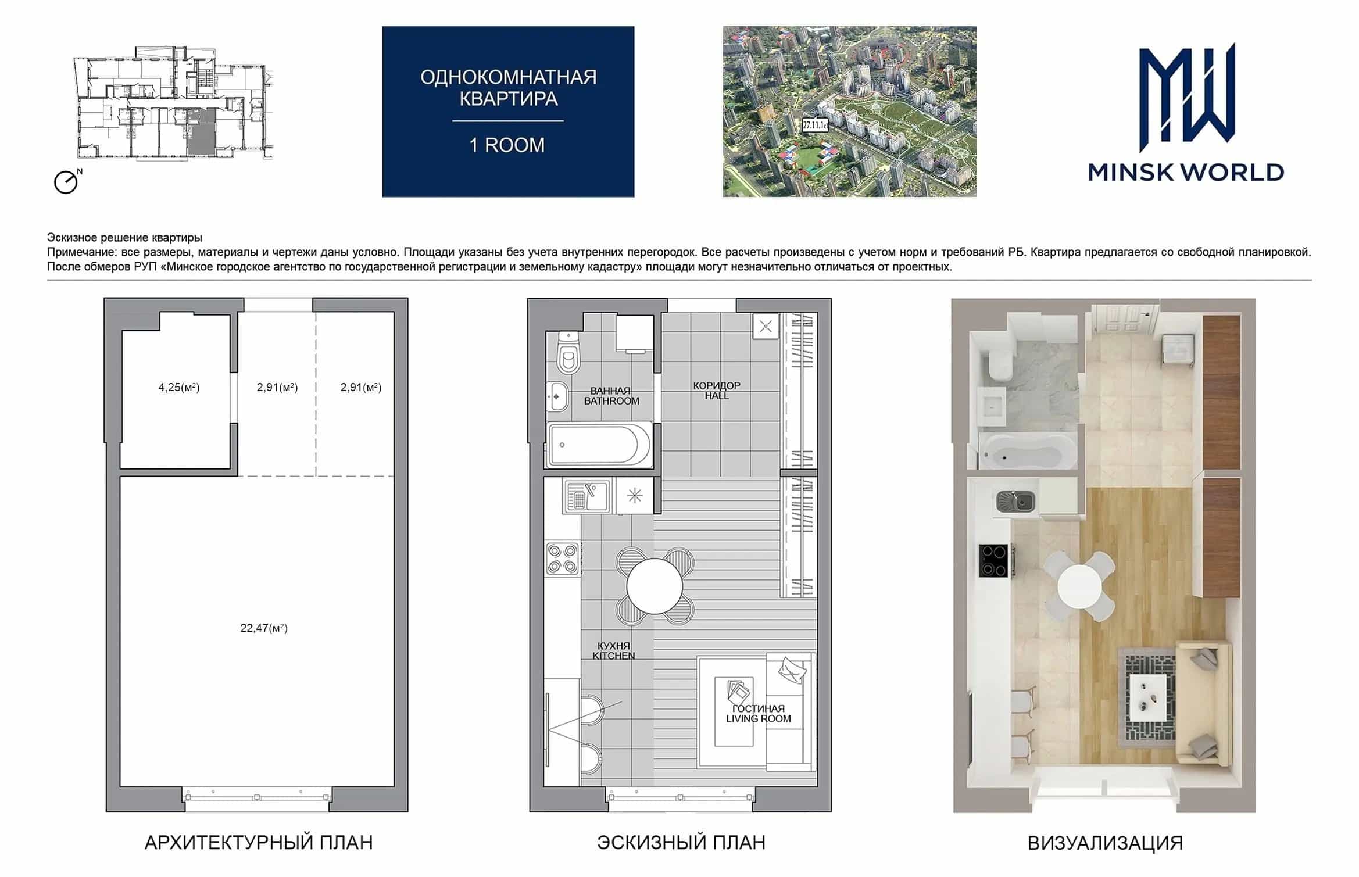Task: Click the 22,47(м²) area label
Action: (264, 628)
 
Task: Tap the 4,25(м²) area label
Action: (179, 387)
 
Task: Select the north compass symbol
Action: (67, 181)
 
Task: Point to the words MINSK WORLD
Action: (1186, 173)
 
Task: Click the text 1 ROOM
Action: (507, 145)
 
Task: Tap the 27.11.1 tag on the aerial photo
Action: (815, 125)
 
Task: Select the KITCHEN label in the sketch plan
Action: (614, 656)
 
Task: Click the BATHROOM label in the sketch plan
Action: (611, 401)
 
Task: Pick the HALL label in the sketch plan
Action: (717, 396)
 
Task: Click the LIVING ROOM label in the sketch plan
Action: (759, 719)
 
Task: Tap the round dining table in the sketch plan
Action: (655, 586)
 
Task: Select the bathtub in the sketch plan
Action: (599, 445)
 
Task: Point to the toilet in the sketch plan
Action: (568, 352)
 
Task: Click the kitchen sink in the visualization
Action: (1015, 501)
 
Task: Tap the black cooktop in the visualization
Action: (995, 560)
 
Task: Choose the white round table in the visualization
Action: (1079, 586)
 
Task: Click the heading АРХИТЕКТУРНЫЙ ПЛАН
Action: (259, 842)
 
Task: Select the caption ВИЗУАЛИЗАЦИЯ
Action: (1105, 843)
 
